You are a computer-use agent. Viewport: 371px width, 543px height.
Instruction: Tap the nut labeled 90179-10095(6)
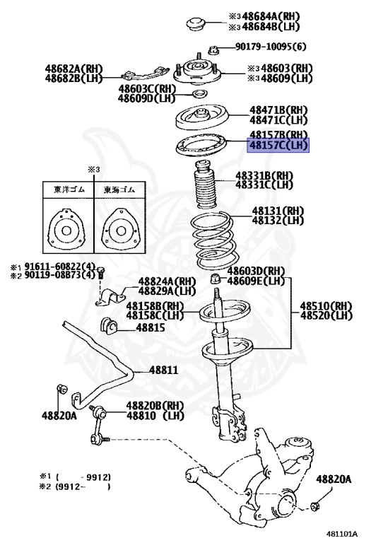point(212,49)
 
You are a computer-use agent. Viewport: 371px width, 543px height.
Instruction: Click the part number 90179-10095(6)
point(272,48)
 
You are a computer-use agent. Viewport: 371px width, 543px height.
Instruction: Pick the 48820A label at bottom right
point(333,479)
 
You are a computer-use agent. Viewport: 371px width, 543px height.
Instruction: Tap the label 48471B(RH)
point(278,111)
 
